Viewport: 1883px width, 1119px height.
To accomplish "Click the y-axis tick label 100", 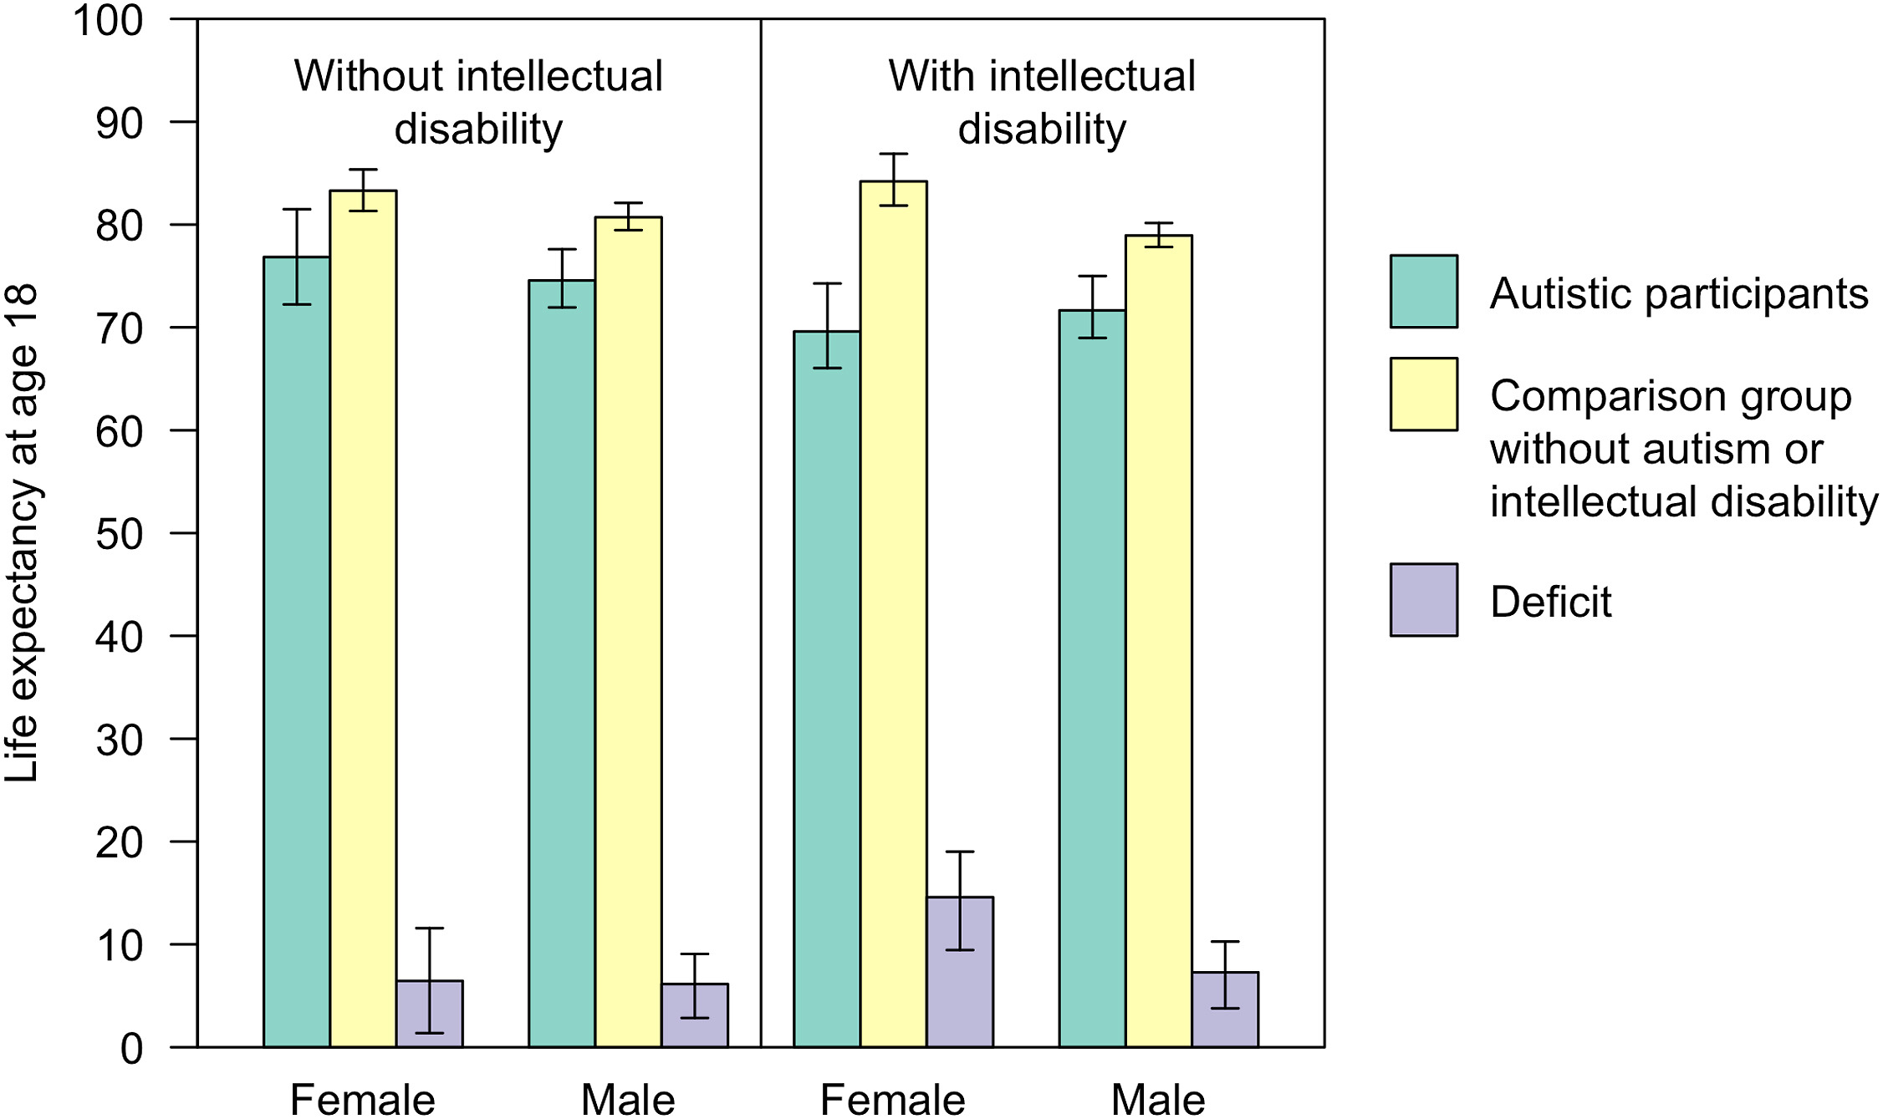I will click(x=109, y=21).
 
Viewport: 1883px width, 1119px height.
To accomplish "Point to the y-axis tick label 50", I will click(x=120, y=534).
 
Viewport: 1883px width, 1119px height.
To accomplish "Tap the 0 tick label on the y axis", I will click(x=132, y=1049).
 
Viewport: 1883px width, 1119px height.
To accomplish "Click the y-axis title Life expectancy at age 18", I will click(x=23, y=533).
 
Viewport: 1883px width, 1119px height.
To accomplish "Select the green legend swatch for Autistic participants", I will click(x=1423, y=291).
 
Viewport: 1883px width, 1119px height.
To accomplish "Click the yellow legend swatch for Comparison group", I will click(x=1423, y=394).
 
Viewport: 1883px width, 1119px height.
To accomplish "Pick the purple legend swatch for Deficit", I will click(x=1423, y=600).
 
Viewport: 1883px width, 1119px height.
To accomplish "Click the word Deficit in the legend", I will click(x=1550, y=602).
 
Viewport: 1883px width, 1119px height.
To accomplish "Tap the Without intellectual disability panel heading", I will click(x=478, y=102).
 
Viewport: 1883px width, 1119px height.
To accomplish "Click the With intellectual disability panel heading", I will click(x=1042, y=102).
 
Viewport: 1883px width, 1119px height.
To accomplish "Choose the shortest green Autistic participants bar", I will click(x=827, y=689).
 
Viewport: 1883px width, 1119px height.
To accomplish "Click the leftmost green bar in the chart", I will click(x=297, y=652).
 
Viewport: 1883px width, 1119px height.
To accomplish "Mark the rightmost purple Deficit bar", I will click(x=1225, y=1010).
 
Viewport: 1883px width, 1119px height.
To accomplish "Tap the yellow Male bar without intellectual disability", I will click(x=628, y=632).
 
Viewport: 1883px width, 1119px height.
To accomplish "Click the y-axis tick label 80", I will click(x=120, y=226).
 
